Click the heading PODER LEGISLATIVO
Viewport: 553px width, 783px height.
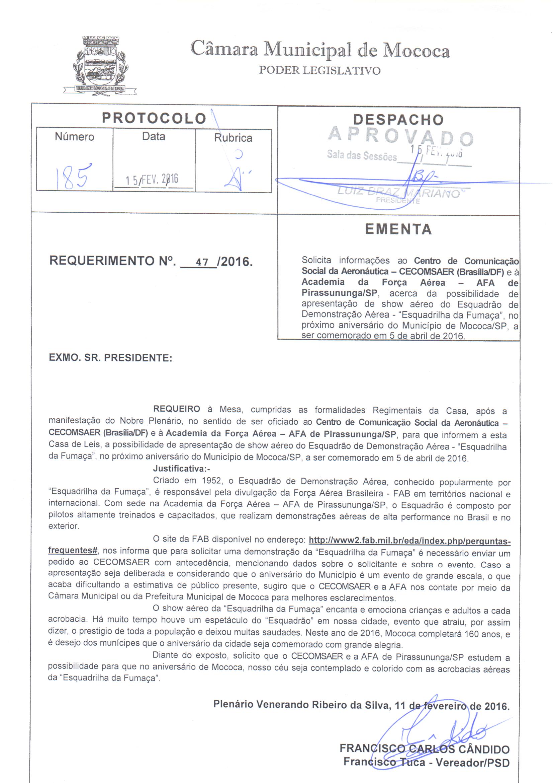tap(319, 71)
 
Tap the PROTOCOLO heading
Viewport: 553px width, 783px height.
tap(154, 118)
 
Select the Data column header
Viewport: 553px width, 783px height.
tap(154, 136)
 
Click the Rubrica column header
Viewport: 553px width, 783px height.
tap(233, 138)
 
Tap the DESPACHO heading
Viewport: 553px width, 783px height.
tap(398, 119)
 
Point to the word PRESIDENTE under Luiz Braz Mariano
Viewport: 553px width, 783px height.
tap(398, 201)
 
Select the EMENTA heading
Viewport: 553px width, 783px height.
tap(398, 229)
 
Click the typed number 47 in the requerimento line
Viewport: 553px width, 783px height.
tap(202, 262)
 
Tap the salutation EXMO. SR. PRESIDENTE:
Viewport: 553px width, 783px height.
tap(111, 358)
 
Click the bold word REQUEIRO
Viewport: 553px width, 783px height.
tap(177, 409)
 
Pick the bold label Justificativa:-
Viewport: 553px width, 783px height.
tap(181, 469)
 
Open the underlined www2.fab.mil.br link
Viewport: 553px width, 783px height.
tap(409, 541)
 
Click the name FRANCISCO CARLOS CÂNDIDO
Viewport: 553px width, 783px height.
tap(424, 749)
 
